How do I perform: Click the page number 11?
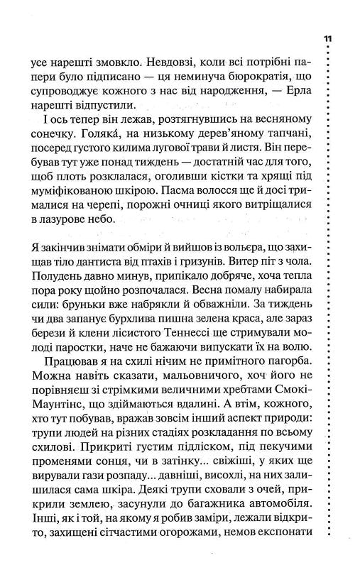pyautogui.click(x=327, y=38)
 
